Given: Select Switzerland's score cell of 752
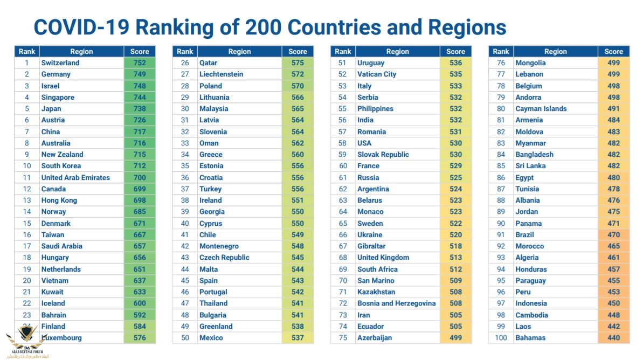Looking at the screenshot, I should [140, 63].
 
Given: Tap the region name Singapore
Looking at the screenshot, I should [58, 97].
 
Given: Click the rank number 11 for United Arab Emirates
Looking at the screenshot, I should [27, 177].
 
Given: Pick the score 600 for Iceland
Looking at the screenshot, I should [140, 303].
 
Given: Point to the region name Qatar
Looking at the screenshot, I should [208, 63].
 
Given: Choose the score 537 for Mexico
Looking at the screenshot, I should [298, 338].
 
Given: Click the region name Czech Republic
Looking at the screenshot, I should [224, 258].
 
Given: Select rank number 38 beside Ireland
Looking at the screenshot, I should [185, 200].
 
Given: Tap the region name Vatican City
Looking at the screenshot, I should [377, 74].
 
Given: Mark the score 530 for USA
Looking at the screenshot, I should [455, 143].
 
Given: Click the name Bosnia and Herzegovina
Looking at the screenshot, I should [396, 303].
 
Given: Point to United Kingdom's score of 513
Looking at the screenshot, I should [455, 258].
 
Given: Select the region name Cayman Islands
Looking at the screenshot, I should [541, 108].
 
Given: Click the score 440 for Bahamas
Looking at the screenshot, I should [613, 338].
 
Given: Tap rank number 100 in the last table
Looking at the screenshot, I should [501, 338].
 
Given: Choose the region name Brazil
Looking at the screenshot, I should [524, 234].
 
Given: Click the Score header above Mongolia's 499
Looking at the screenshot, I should [613, 51].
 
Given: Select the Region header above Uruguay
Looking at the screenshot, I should [398, 51].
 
